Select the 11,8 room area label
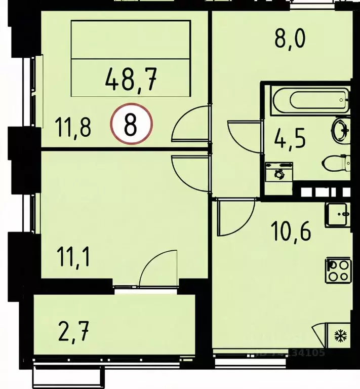[x=73, y=127]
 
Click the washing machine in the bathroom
[x=278, y=173]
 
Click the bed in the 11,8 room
[x=131, y=58]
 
